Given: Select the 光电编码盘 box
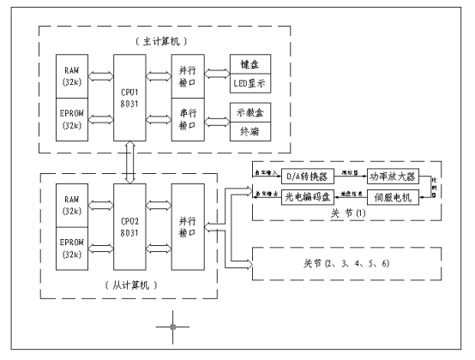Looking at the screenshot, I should click(x=307, y=196).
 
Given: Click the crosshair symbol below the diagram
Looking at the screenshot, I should click(x=174, y=327).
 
